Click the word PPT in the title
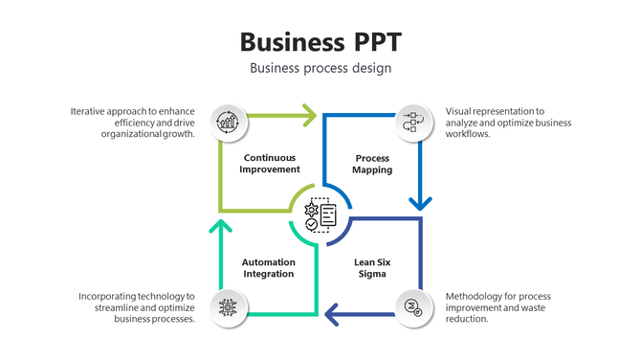point(374,42)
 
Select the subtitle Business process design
point(320,68)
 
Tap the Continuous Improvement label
point(271,163)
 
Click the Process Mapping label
point(372,163)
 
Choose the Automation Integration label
point(268,267)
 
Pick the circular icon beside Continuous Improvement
point(228,122)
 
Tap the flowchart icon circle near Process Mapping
point(413,122)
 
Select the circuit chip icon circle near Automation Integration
point(228,307)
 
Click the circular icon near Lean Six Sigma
point(413,307)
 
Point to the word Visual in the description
point(461,111)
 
